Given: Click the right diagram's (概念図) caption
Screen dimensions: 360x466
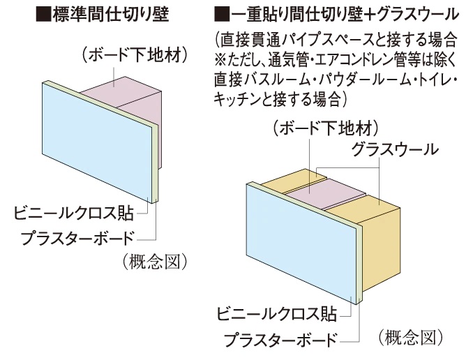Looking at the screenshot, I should [x=411, y=338].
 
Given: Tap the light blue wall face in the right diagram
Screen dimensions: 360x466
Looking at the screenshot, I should [x=300, y=244].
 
